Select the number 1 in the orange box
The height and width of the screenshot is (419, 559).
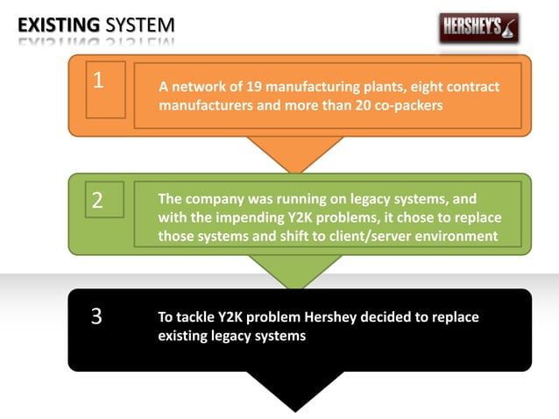[x=98, y=81]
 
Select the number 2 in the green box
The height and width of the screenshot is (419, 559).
[x=97, y=200]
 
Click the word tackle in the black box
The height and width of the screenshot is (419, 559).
[x=198, y=317]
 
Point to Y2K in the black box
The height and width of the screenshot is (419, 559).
[x=239, y=317]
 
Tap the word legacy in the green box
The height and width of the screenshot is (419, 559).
[x=391, y=199]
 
